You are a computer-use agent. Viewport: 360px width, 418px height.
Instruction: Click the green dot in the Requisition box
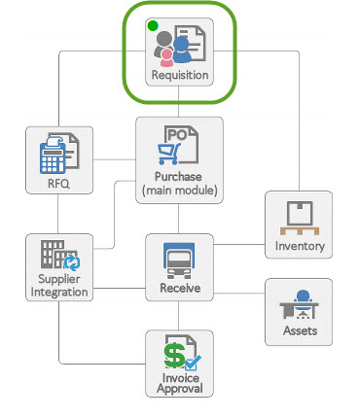click(152, 25)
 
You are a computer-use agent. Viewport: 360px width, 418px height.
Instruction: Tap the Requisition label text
click(180, 75)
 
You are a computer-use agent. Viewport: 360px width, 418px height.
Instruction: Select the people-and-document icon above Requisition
click(181, 45)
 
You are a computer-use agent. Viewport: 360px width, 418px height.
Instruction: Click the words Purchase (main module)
click(180, 183)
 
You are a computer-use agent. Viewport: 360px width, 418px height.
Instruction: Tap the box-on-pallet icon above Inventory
click(299, 218)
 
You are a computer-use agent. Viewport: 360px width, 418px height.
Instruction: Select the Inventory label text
click(299, 246)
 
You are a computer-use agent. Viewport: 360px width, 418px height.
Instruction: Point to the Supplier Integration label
click(58, 287)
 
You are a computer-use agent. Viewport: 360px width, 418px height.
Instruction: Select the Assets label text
click(299, 331)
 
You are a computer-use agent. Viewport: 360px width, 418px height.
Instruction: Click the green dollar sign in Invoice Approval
click(174, 352)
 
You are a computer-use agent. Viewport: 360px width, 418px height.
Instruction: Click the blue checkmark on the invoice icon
click(191, 359)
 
